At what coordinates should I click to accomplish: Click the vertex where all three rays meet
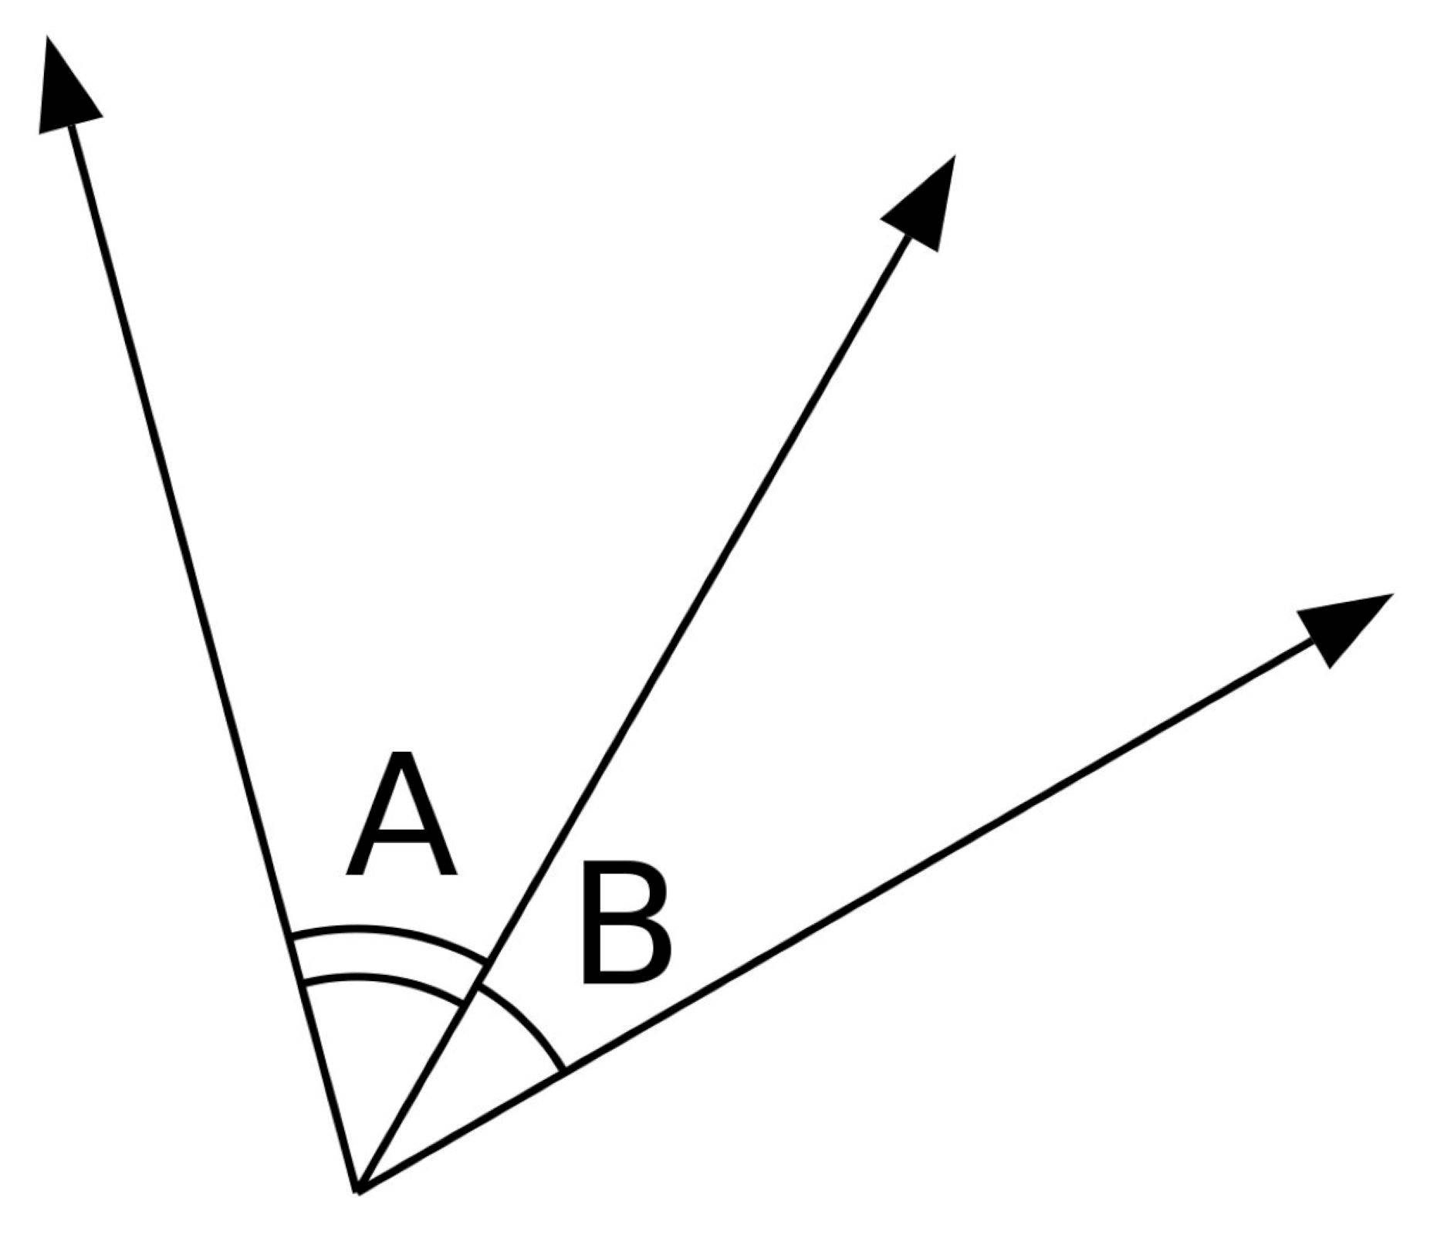pyautogui.click(x=357, y=1192)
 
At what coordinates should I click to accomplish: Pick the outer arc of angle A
pyautogui.click(x=390, y=931)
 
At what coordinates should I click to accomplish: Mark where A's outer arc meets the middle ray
pyautogui.click(x=488, y=963)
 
